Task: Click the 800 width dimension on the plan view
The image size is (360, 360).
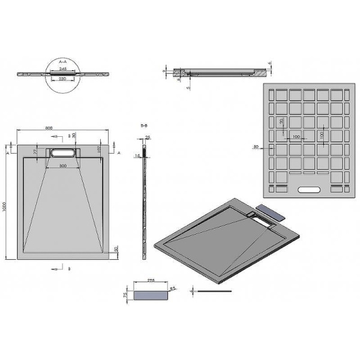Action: click(x=64, y=128)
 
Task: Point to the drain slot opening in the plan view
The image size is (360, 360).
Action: click(x=62, y=152)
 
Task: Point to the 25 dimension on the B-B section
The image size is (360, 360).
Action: click(x=148, y=137)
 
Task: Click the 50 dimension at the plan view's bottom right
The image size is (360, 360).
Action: click(x=116, y=248)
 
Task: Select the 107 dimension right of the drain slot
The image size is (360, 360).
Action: click(x=98, y=149)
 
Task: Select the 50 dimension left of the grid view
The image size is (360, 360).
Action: click(x=256, y=146)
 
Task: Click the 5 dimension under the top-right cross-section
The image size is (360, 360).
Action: click(x=188, y=88)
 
